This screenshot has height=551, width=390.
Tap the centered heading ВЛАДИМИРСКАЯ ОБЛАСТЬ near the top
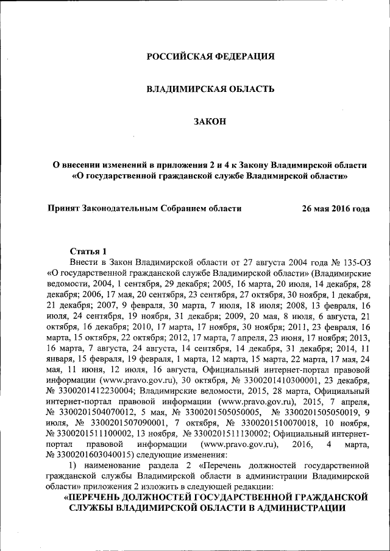point(211,89)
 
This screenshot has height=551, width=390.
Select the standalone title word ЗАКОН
point(210,122)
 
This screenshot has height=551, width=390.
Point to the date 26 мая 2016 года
point(336,208)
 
